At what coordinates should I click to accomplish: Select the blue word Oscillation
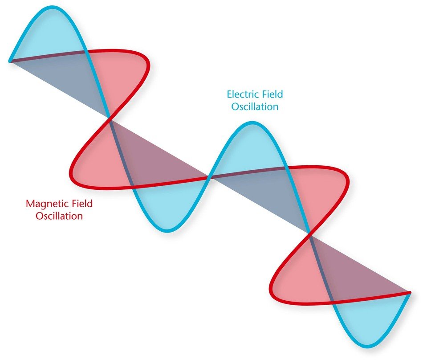coord(255,106)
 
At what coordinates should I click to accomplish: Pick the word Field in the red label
coord(82,203)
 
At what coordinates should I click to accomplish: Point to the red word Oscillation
coord(59,216)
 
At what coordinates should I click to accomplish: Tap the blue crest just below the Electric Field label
coord(253,123)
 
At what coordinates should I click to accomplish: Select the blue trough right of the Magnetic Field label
coord(167,231)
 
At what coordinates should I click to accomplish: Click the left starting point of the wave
coord(10,61)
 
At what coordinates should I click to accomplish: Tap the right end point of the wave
coord(410,293)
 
